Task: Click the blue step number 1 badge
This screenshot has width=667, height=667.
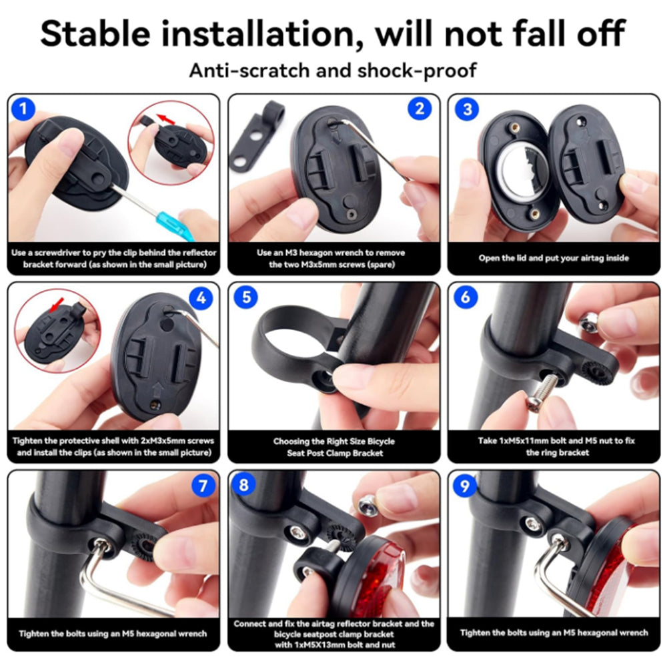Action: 23,109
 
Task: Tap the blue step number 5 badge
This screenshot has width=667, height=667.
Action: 246,297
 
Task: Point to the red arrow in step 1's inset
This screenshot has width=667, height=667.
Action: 166,119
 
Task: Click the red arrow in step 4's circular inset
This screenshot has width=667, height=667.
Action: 56,305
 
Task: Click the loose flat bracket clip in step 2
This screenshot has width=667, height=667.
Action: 255,136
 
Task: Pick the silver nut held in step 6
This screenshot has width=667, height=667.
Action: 589,322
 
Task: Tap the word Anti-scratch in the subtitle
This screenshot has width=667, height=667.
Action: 249,71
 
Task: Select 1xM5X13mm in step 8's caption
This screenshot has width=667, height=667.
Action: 310,645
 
